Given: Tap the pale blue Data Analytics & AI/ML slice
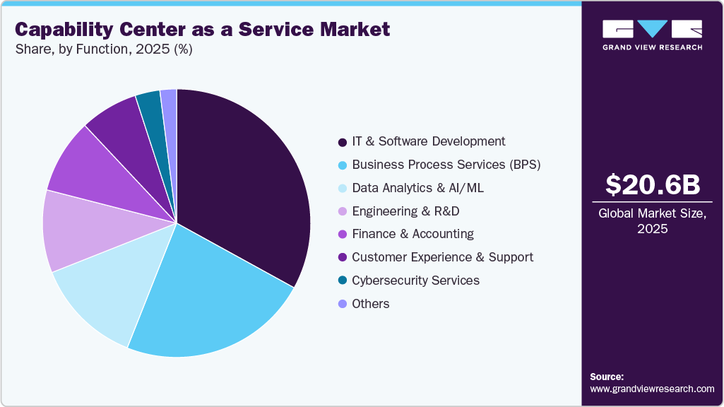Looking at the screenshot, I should [x=106, y=290].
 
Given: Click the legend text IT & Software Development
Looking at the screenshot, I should [x=428, y=141].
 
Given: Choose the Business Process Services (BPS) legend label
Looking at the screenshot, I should [x=446, y=165].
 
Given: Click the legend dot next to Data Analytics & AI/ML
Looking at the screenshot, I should [x=343, y=189].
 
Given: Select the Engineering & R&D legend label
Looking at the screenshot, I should [x=405, y=211].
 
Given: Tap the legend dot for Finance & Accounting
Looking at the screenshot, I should [x=343, y=235].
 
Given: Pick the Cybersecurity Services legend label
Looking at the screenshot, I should [x=415, y=281].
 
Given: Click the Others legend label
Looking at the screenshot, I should [x=370, y=304].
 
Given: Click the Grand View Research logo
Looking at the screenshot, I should [x=652, y=35].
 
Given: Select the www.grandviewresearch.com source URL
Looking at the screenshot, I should [x=652, y=389].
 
